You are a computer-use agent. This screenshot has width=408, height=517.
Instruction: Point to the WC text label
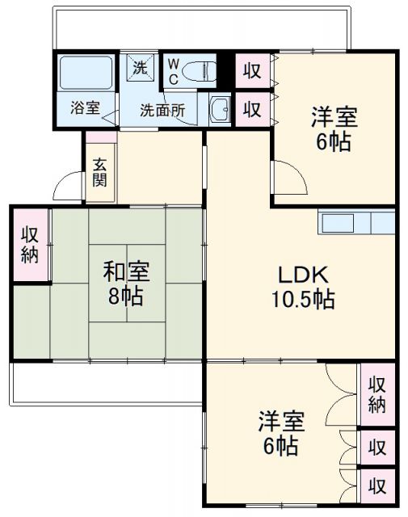(x=173, y=71)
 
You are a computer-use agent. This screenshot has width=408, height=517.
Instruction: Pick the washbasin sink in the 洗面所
(x=219, y=108)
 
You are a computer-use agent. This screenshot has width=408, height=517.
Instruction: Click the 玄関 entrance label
(x=99, y=171)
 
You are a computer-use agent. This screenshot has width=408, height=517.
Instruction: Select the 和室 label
(x=125, y=271)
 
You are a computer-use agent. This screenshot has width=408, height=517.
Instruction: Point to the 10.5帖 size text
(x=303, y=300)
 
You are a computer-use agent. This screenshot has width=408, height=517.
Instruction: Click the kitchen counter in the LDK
(x=355, y=221)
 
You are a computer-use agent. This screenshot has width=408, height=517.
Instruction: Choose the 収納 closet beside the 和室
(x=30, y=245)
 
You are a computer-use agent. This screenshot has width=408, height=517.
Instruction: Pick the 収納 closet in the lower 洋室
(x=376, y=393)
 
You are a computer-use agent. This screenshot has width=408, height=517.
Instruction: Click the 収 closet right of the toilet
(x=252, y=70)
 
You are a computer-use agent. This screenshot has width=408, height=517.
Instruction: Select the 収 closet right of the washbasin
(x=252, y=108)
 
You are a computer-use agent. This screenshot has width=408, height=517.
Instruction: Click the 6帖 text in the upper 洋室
(x=333, y=142)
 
